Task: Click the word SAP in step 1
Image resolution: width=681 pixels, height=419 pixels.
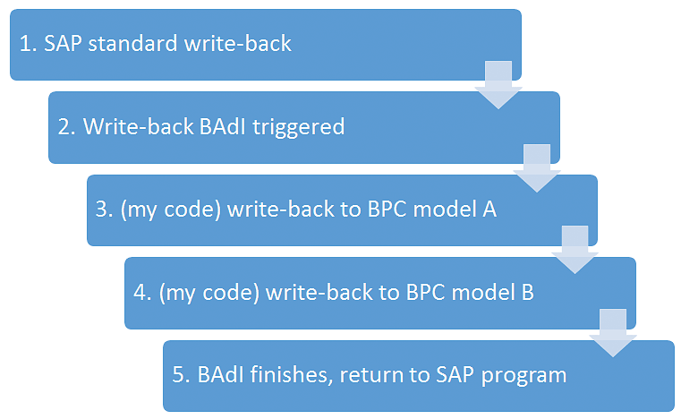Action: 63,44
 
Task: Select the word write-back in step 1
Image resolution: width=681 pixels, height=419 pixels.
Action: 237,44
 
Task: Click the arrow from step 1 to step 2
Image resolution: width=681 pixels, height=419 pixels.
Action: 498,85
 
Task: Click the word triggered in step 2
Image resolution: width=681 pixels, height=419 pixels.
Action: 298,128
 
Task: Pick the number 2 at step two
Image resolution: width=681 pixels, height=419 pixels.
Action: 65,126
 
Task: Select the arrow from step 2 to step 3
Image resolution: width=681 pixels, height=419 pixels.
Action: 537,167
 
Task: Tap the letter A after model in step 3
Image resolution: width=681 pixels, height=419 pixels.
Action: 489,209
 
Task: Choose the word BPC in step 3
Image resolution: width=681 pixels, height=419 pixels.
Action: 387,209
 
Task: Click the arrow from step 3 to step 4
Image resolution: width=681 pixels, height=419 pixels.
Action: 575,250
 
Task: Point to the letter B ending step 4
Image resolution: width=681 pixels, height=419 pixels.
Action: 527,292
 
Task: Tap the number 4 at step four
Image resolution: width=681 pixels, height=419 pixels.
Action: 141,292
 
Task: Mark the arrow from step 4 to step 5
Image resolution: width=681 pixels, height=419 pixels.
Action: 613,333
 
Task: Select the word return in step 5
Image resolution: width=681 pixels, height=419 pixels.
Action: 370,375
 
